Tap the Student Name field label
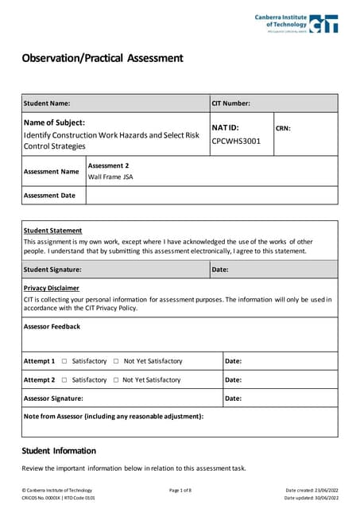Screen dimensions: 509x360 (47, 103)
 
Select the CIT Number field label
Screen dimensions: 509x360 (231, 103)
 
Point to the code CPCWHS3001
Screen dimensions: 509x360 (231, 142)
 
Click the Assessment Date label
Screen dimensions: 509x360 (50, 196)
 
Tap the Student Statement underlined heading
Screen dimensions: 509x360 (54, 230)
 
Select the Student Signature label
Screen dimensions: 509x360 (52, 270)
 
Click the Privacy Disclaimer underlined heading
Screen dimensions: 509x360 (52, 288)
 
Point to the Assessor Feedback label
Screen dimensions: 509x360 (52, 327)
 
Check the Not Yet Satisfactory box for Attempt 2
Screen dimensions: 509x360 (116, 380)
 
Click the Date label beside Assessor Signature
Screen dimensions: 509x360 (234, 398)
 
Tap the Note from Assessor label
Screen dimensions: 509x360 (114, 416)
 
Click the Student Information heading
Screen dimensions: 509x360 (59, 451)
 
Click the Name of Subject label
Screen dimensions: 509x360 (54, 122)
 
